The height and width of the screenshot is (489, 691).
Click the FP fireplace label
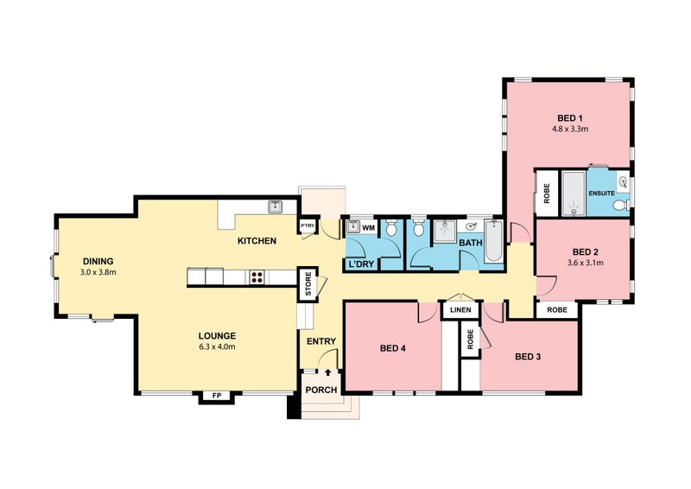tap(217, 396)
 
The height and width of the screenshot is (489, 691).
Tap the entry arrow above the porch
tap(327, 372)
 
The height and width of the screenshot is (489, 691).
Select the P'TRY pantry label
tap(307, 226)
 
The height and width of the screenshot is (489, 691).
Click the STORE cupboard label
tap(308, 284)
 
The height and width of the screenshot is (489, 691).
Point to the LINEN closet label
tap(460, 310)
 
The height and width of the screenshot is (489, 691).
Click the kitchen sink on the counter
tap(276, 206)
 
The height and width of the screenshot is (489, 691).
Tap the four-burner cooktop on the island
tap(257, 277)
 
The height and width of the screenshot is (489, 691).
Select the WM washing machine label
tap(369, 228)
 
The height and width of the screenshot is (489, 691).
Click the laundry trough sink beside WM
tap(352, 227)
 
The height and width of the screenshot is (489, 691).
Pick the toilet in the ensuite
tap(621, 205)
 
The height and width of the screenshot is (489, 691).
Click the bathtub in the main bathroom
tap(492, 242)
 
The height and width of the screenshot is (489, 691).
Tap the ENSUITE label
tap(601, 194)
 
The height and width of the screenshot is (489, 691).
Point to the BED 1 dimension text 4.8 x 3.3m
tap(570, 130)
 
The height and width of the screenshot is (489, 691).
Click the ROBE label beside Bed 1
tap(547, 194)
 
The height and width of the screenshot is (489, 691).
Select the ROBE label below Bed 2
tap(557, 310)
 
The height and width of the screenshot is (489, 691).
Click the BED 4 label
tap(393, 348)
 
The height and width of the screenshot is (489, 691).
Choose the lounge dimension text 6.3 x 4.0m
tap(217, 346)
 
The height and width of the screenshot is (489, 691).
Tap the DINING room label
tap(98, 262)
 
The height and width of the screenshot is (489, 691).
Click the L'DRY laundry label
tap(361, 264)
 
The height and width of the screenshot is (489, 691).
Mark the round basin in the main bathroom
tap(471, 227)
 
